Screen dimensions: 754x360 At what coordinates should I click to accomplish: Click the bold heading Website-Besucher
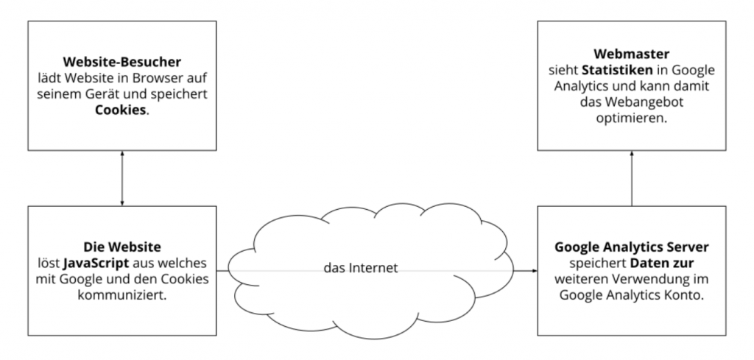click(122, 63)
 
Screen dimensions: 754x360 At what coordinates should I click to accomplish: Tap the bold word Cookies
click(120, 110)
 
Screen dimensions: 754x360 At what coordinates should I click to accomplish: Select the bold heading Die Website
click(122, 247)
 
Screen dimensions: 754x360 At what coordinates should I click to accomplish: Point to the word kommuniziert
click(122, 294)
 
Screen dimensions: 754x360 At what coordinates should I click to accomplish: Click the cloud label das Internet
click(361, 268)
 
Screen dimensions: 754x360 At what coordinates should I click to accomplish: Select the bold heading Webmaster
click(631, 54)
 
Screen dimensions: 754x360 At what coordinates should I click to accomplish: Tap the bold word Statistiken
click(618, 70)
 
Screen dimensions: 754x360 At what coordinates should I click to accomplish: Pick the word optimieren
click(631, 119)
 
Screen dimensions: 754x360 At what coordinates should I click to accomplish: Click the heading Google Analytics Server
click(631, 247)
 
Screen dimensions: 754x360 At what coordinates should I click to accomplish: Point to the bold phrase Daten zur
click(662, 264)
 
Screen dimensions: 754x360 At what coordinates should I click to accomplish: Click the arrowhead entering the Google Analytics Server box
click(535, 271)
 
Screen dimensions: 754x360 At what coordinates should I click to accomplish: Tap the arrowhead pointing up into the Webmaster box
click(632, 153)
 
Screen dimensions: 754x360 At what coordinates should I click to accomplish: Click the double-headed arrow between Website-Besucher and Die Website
click(122, 178)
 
